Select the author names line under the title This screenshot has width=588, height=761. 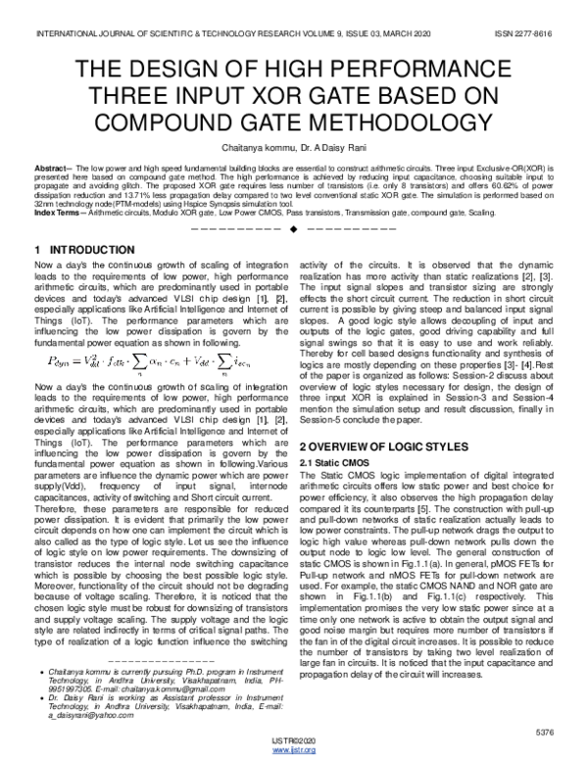293,145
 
